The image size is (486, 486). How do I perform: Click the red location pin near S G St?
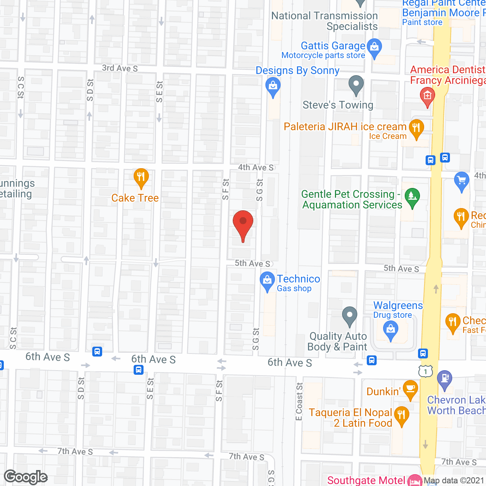pos(243,222)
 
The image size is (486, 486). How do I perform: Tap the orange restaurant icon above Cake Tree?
pos(141,177)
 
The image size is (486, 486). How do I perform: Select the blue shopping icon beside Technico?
pos(267,281)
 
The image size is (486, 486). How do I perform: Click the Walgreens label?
pos(398,306)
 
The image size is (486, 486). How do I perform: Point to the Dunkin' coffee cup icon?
pos(410,388)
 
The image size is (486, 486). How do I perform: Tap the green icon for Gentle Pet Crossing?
pos(412,196)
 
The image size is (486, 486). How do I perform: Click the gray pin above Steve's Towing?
pos(356,84)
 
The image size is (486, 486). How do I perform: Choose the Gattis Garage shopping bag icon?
pos(374,47)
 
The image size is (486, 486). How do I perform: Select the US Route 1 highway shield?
pos(426,371)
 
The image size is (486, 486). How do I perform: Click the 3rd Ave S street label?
pos(120,68)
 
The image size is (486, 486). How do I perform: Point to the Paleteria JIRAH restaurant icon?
pos(416,128)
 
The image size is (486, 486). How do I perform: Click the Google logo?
pos(26,477)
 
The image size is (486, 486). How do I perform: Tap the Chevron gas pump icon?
pos(445,379)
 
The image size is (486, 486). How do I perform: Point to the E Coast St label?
pos(299,401)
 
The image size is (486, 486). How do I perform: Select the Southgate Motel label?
pos(366,480)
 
